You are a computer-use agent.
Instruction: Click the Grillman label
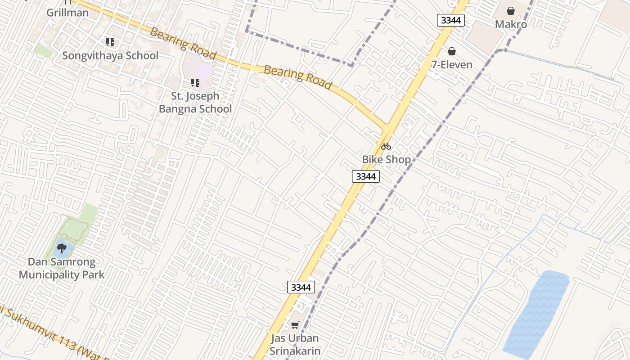[x=67, y=12]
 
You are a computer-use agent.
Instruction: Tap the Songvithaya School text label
[x=110, y=56]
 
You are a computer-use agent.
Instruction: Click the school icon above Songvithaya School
[x=110, y=43]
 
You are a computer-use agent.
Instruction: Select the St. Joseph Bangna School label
[x=195, y=103]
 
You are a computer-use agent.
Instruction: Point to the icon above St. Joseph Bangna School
[x=195, y=83]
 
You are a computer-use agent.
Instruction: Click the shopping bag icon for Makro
[x=511, y=11]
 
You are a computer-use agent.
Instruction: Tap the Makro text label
[x=511, y=24]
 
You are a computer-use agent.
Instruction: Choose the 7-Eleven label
[x=452, y=65]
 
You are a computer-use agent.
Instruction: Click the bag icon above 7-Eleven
[x=452, y=52]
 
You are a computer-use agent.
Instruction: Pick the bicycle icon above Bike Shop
[x=386, y=146]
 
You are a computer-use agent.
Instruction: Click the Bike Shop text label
[x=386, y=160]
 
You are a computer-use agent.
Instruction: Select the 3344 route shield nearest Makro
[x=450, y=20]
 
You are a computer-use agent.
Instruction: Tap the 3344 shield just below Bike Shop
[x=365, y=176]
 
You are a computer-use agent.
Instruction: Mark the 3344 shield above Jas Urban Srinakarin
[x=301, y=287]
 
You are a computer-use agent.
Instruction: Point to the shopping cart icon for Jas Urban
[x=295, y=325]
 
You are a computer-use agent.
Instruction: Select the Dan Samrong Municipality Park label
[x=62, y=268]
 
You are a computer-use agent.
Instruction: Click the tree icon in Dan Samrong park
[x=62, y=247]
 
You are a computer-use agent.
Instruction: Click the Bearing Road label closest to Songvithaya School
[x=183, y=44]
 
